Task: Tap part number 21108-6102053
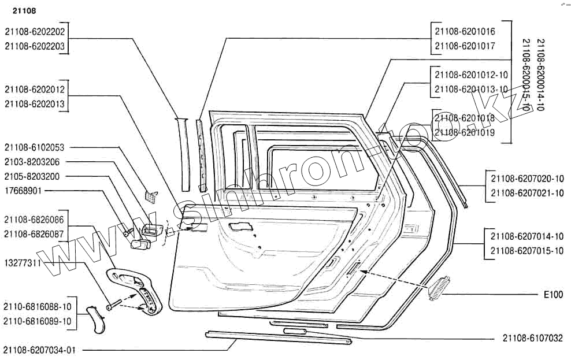coord(35,147)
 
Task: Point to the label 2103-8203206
coord(32,162)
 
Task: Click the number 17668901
coord(23,190)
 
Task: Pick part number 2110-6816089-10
coord(38,321)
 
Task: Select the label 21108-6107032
coord(532,338)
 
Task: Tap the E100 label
coord(553,295)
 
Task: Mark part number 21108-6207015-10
coord(526,251)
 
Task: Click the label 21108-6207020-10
coord(526,179)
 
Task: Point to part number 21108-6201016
coord(465,32)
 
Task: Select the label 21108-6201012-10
coord(471,75)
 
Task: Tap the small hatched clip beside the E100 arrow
coord(439,288)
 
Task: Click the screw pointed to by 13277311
coord(114,303)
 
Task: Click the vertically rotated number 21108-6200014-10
coord(540,75)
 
